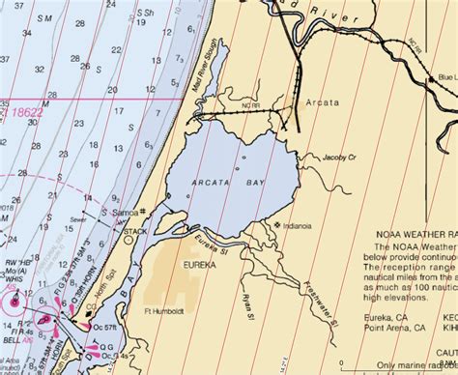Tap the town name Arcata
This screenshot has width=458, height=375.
click(326, 101)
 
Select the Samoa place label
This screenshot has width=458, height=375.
click(126, 211)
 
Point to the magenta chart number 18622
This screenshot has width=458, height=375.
click(27, 112)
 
